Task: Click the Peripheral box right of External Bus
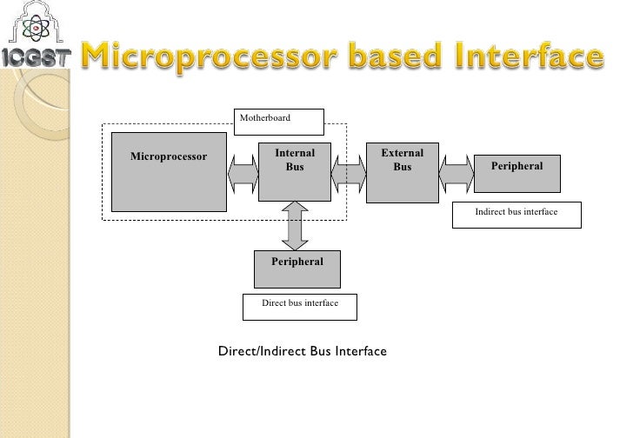point(517,173)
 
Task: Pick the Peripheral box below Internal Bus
point(297,269)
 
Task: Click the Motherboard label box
point(279,121)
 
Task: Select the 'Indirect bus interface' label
point(516,216)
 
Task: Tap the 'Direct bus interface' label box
point(299,306)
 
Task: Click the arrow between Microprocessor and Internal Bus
point(243,174)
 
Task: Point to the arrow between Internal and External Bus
point(350,174)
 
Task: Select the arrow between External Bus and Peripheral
point(456,174)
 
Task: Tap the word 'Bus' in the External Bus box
point(402,167)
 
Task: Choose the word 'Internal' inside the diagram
point(295,153)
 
